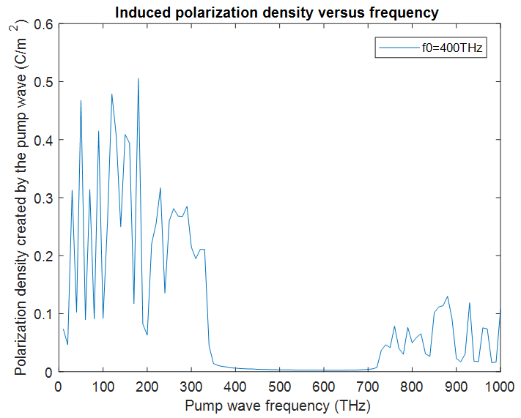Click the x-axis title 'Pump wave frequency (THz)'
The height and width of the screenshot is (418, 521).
tap(279, 404)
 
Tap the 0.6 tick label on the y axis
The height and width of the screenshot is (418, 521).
tap(45, 24)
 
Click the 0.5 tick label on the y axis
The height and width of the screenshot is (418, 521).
tap(45, 82)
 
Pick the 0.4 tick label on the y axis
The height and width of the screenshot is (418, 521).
tap(45, 140)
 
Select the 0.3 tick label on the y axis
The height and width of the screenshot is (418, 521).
tap(45, 198)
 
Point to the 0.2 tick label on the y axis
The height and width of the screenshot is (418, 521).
tap(45, 256)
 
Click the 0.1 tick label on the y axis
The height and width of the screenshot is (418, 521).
tap(45, 314)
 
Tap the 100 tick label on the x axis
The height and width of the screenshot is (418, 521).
tap(103, 385)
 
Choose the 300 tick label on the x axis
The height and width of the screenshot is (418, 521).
tap(191, 385)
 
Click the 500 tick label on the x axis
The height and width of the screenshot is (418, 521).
tap(280, 385)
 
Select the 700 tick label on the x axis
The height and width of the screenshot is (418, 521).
tap(368, 385)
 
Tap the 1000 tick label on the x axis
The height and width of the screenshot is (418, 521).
tap(500, 385)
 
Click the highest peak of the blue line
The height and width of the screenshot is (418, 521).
tap(138, 78)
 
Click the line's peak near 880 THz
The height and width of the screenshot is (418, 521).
tap(448, 296)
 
